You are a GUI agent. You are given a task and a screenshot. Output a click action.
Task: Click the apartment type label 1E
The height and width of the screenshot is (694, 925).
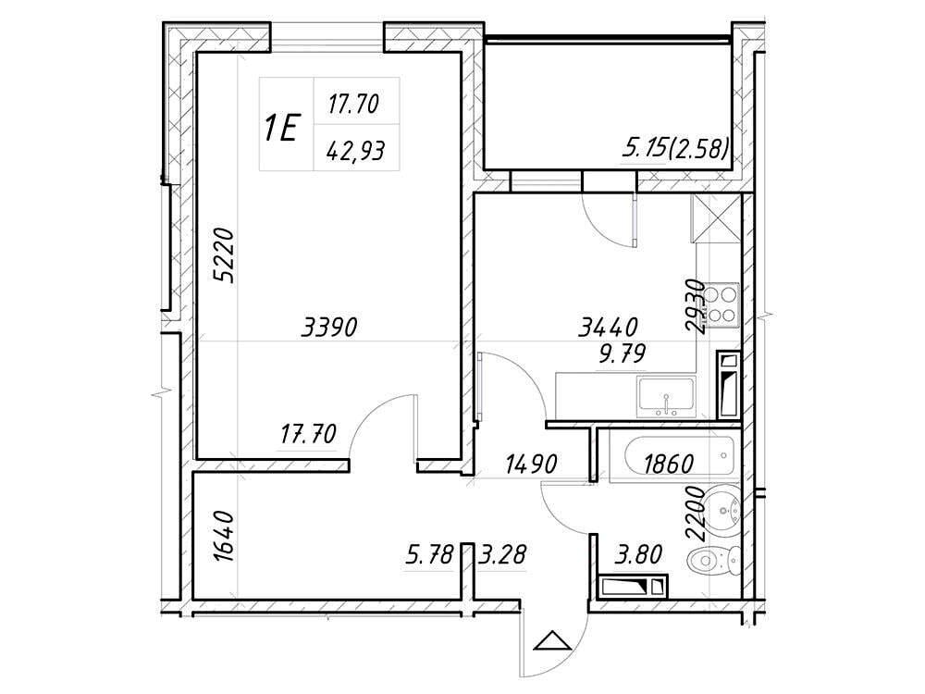pos(280,128)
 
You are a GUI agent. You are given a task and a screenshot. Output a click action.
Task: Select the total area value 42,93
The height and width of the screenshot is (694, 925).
pos(356,152)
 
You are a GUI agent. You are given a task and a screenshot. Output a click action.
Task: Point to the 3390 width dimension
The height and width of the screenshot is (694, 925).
pos(329,327)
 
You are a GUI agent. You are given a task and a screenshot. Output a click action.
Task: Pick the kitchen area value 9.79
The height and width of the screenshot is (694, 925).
pos(623,354)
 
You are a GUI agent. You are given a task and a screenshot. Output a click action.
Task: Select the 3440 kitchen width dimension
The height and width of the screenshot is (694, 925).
pos(609,327)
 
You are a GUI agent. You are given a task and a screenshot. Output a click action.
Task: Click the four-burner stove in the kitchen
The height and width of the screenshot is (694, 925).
pos(722,305)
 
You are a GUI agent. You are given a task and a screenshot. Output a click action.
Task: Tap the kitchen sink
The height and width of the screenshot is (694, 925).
pos(666,396)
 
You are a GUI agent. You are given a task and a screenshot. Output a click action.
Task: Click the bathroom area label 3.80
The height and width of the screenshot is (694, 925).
pos(638,554)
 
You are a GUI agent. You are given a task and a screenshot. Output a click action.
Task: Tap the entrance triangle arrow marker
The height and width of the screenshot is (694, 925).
pos(553,640)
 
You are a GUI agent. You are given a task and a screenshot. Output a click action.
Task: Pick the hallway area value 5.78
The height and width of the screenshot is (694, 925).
pos(429,555)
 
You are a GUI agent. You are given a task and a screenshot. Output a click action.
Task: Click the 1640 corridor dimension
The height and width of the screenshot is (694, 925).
pos(225,537)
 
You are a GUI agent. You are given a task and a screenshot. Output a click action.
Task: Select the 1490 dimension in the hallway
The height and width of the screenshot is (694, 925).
pos(531,465)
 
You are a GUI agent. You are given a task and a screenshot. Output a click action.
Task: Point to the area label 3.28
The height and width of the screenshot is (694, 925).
pos(501,555)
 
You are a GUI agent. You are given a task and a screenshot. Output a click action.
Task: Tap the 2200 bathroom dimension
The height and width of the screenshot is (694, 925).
pos(696,514)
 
